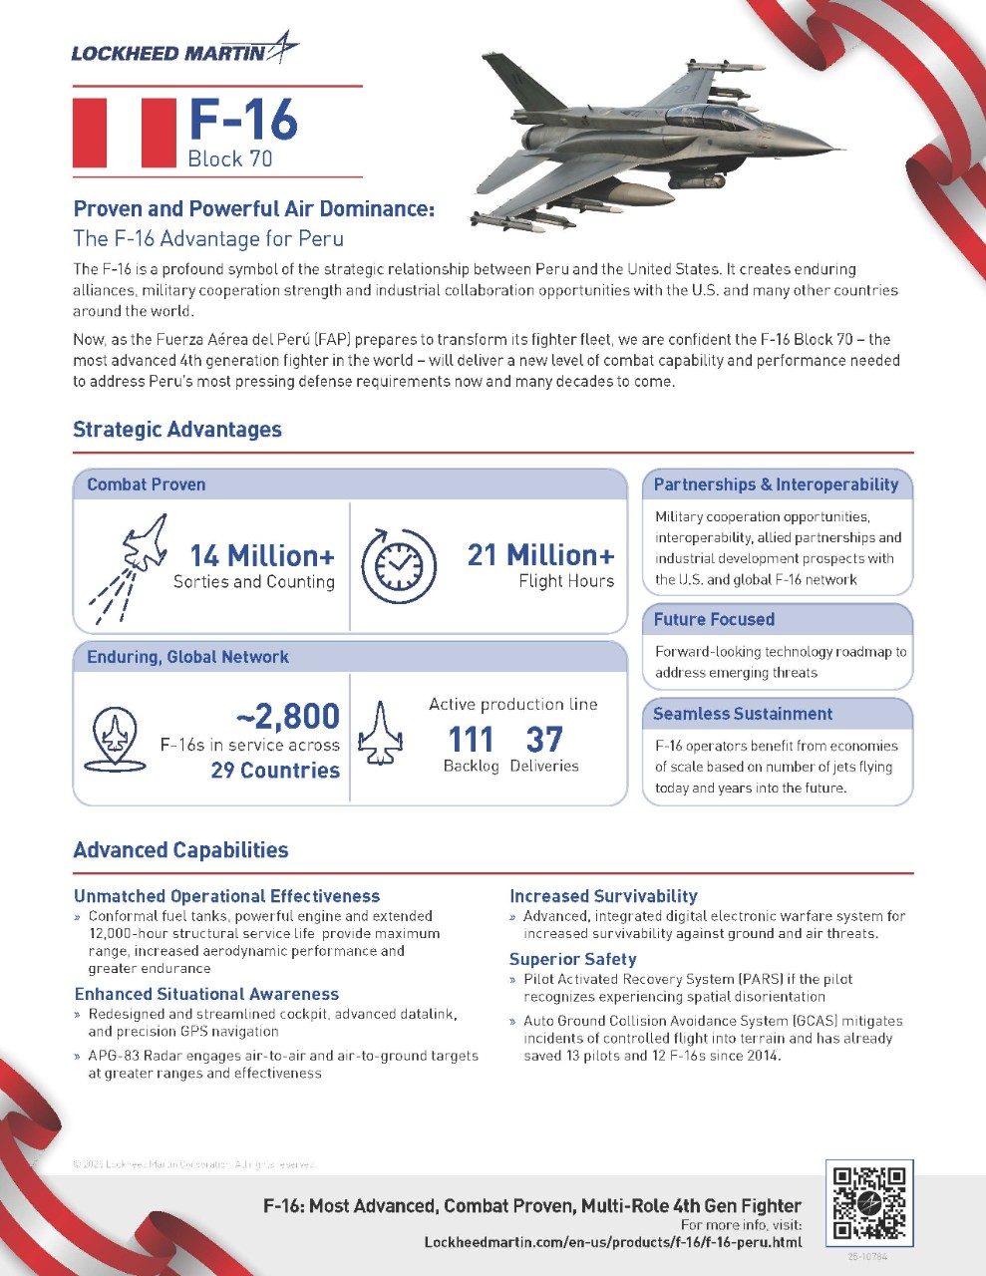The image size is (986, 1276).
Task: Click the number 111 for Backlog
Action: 471,740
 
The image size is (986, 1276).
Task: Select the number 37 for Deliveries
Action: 544,740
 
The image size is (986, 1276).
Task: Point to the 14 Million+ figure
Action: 262,555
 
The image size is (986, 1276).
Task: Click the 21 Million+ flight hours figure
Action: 540,555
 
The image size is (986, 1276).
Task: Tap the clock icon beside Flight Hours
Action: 398,566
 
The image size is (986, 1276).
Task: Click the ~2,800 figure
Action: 287,716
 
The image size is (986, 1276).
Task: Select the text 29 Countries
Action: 275,771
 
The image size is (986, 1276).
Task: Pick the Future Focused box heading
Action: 714,619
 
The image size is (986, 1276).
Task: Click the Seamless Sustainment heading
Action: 742,714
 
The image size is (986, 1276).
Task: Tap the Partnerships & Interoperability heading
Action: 776,484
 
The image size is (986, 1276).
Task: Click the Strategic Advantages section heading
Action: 177,430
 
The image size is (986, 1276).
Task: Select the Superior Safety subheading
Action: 572,959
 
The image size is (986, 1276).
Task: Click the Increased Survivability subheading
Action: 603,896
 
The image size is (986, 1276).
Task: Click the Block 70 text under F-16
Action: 229,159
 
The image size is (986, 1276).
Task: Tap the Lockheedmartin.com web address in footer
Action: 612,1242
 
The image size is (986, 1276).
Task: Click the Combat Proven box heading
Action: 147,484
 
